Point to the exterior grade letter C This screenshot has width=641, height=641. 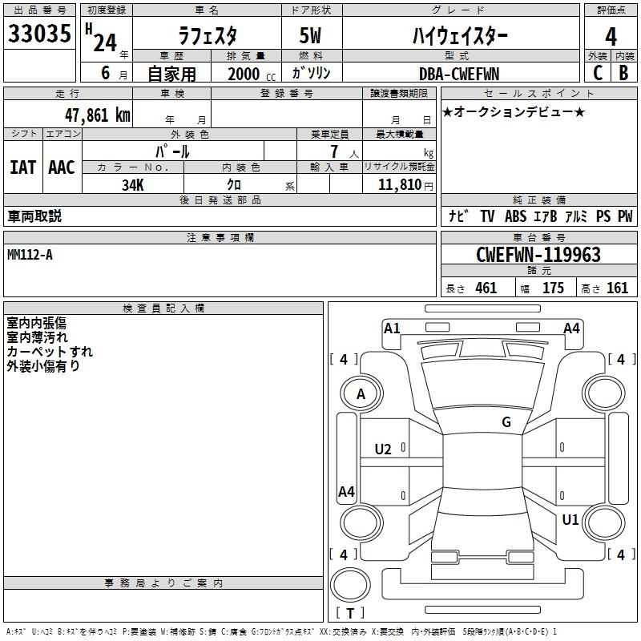pyautogui.click(x=597, y=73)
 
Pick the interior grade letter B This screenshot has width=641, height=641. pyautogui.click(x=623, y=73)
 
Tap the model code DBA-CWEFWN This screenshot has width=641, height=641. pyautogui.click(x=459, y=74)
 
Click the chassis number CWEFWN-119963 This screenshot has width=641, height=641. pyautogui.click(x=538, y=256)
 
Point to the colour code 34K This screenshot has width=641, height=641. pyautogui.click(x=132, y=185)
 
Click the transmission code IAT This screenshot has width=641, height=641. pyautogui.click(x=23, y=167)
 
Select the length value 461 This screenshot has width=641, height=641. pyautogui.click(x=486, y=288)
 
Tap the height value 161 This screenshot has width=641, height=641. pyautogui.click(x=617, y=288)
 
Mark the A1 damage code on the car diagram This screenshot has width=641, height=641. pyautogui.click(x=392, y=328)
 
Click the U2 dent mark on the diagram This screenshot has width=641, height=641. pyautogui.click(x=383, y=450)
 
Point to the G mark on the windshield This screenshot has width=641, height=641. pyautogui.click(x=506, y=422)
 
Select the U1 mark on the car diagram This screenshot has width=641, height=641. pyautogui.click(x=570, y=520)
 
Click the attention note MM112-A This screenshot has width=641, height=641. pyautogui.click(x=30, y=254)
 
